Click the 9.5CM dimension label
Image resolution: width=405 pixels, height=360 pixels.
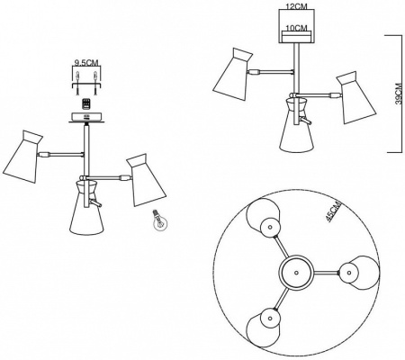coord(86,63)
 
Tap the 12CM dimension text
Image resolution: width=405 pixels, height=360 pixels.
coord(297,6)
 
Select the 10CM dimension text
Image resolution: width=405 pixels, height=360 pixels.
coord(297,28)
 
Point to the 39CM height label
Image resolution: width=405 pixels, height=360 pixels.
coord(399,94)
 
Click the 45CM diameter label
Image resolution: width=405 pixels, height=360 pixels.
coord(334,212)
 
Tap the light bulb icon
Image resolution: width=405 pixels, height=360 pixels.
coord(159,220)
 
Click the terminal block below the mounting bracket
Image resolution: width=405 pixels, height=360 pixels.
coord(86,104)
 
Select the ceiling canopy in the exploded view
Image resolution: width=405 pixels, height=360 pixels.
coord(86,117)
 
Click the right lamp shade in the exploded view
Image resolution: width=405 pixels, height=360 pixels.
coord(146,180)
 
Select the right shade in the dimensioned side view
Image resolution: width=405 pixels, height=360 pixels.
coord(356,97)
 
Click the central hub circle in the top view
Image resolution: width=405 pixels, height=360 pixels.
coord(296,273)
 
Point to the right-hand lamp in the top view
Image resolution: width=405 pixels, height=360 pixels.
coord(358,273)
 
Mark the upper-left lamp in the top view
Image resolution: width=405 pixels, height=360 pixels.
coord(264,219)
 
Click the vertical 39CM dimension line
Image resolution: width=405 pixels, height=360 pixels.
coord(401,94)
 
